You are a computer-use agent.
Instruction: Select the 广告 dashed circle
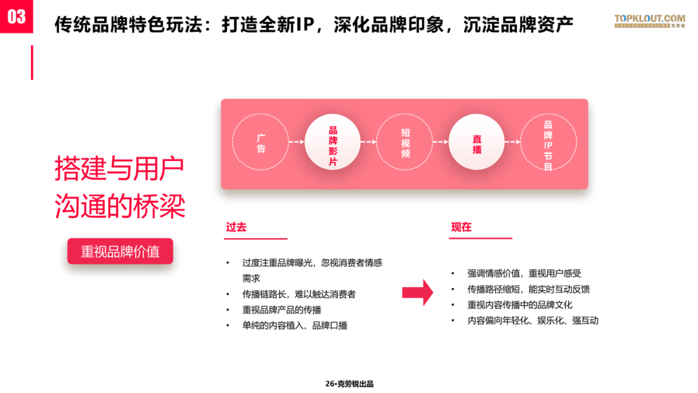261,143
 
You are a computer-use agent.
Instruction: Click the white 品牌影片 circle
333,143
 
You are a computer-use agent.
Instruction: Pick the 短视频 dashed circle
405,143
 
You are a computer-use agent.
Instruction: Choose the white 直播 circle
477,143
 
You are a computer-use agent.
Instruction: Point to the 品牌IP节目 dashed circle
548,143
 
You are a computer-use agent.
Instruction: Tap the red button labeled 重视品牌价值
120,251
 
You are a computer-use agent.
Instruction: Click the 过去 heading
236,228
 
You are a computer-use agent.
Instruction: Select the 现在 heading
461,228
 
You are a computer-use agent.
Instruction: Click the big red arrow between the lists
417,292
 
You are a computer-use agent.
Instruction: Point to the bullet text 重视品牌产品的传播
281,310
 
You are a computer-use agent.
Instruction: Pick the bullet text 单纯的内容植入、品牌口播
294,325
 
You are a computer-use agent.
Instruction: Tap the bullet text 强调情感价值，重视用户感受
524,273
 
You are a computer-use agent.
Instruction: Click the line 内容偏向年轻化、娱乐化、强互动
533,320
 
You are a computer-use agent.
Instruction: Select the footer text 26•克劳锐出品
349,384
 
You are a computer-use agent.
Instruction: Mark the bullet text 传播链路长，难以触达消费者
299,294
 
